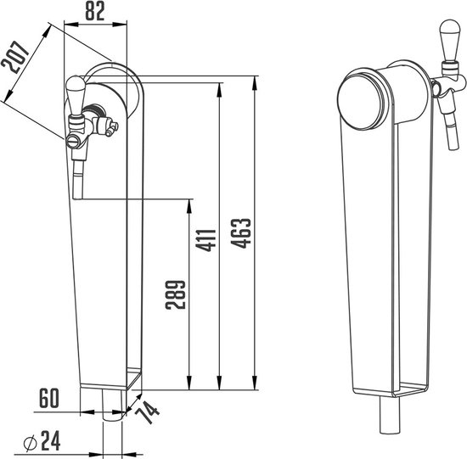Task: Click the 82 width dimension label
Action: (95, 11)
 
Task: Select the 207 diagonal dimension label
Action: (15, 58)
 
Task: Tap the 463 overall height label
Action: (241, 233)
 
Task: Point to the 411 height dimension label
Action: (205, 241)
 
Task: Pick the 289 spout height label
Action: (176, 295)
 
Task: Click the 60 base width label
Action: (49, 398)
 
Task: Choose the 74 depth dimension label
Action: (148, 412)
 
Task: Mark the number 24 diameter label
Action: (51, 440)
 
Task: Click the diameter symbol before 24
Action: (30, 444)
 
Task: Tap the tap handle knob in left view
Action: (76, 95)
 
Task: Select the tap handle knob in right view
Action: (450, 40)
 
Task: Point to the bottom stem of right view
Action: (390, 415)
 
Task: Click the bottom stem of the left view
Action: (112, 405)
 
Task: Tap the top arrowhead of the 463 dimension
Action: (255, 83)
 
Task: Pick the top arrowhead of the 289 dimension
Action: (188, 205)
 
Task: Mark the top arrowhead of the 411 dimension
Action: (219, 90)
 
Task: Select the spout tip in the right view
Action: (453, 147)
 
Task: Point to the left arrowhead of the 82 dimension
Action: (71, 25)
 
